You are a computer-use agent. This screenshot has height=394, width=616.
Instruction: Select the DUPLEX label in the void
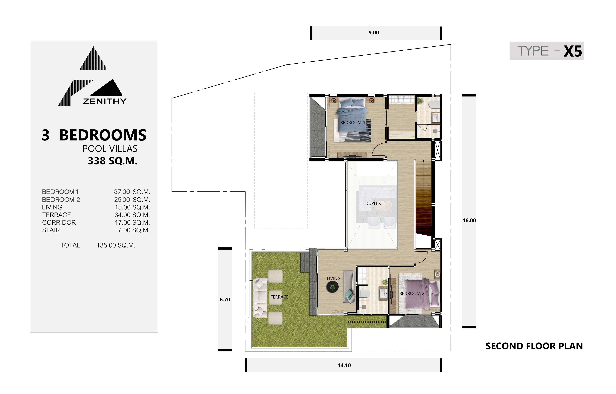[373, 203]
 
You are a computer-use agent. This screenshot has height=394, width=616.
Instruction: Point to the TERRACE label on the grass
[279, 297]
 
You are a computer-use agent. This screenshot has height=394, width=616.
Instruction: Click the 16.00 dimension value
[469, 220]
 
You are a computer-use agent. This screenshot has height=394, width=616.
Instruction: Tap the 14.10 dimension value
[344, 365]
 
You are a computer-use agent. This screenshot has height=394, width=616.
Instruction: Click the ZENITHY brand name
[105, 101]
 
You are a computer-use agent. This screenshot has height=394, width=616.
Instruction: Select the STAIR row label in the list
[51, 230]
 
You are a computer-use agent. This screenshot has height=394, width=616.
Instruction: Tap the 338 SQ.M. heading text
[113, 161]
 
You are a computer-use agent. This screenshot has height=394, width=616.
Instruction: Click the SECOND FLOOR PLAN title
[534, 346]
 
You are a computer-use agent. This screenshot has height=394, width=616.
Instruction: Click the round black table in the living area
[332, 287]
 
